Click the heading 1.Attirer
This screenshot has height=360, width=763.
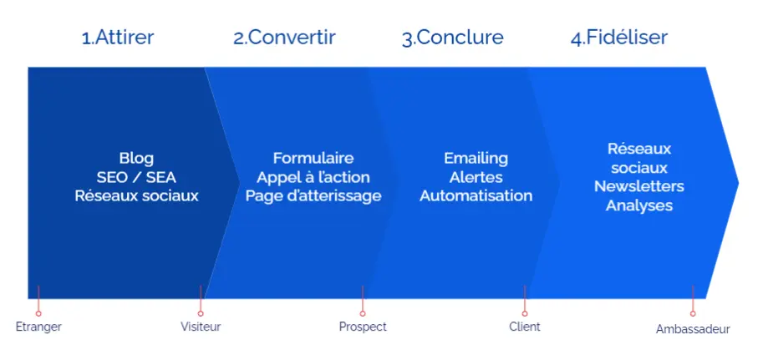point(118,38)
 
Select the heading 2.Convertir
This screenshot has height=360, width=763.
point(284,38)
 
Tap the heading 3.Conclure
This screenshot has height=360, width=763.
point(453,38)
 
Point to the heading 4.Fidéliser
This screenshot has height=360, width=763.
point(619,38)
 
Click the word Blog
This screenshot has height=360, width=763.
point(136,159)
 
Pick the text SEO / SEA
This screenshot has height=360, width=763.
point(136,177)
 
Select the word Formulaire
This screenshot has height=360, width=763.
point(313,158)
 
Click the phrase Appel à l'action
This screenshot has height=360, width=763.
point(313,178)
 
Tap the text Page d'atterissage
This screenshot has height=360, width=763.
point(313,196)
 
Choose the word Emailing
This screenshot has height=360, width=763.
point(476,159)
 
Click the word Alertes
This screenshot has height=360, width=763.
point(476,177)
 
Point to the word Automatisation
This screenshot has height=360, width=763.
point(476,195)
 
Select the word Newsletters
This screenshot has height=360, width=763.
point(639,186)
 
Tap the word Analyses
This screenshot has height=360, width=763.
point(639,205)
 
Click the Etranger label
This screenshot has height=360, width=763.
point(38,327)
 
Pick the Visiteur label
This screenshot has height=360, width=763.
point(201,327)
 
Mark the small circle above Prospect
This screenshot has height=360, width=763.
point(363,314)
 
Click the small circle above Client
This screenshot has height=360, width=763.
point(525,314)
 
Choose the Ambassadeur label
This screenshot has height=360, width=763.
point(693,329)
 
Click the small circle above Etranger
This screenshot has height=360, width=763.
point(38,314)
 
